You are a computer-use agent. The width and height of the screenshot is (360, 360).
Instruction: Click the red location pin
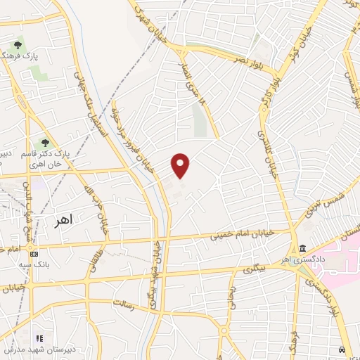181,165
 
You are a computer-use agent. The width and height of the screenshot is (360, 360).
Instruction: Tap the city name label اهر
63,221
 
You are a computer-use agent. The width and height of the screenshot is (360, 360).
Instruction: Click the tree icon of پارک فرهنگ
18,46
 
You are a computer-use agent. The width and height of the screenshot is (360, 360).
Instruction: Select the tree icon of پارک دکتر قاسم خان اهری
46,144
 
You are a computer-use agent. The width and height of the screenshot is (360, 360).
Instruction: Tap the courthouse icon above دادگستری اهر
302,249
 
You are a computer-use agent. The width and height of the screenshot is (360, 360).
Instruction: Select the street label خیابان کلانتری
268,146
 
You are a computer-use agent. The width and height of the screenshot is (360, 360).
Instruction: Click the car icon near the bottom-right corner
342,349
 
